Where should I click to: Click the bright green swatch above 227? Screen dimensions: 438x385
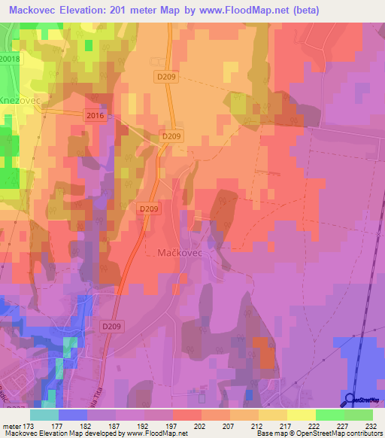coord(329,415)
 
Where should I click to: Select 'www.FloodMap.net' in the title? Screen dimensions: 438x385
coord(244,10)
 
